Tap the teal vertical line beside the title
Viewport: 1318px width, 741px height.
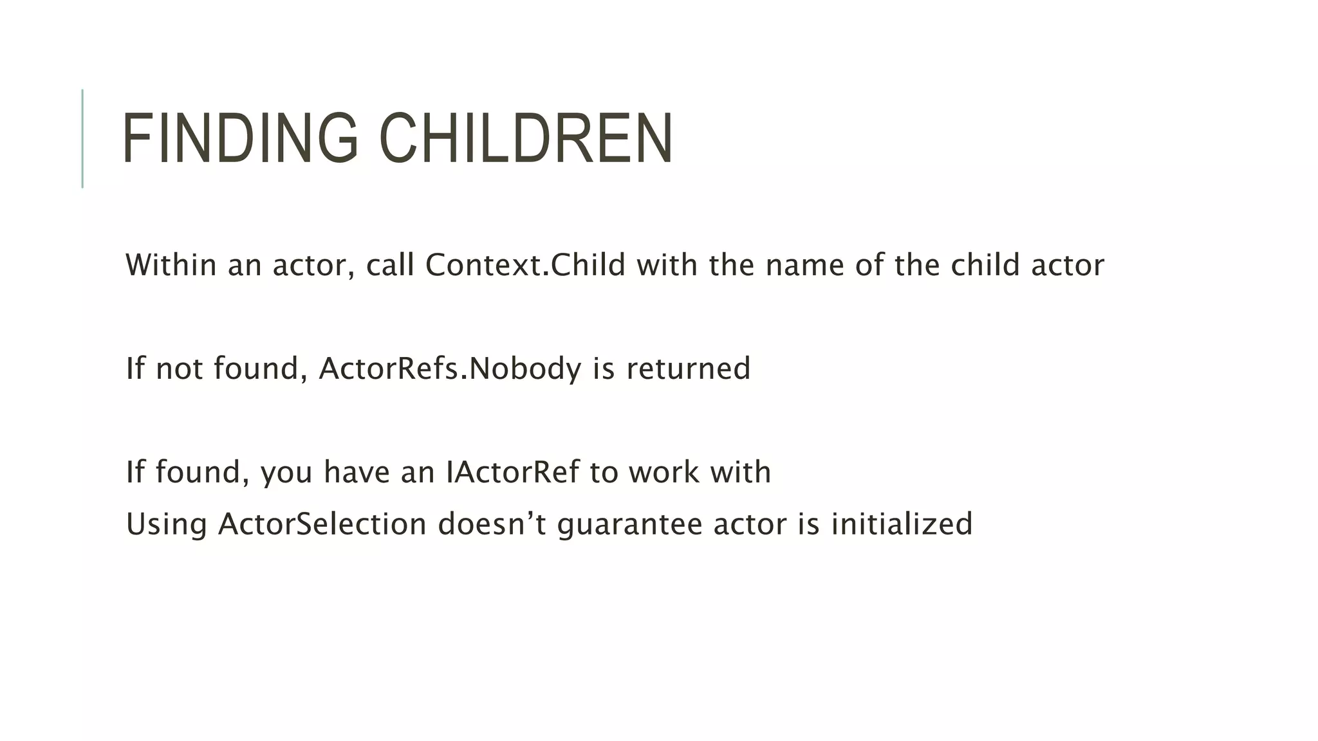tap(82, 138)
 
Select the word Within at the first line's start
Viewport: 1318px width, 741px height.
tap(171, 265)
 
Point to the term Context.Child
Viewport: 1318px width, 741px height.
tap(525, 265)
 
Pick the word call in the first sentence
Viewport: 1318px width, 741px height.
tap(390, 265)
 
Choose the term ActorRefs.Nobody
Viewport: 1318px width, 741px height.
tap(450, 369)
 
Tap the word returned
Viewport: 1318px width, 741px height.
tap(688, 369)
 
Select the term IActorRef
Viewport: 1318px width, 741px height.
tap(512, 472)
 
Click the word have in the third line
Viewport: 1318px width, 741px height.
tap(357, 472)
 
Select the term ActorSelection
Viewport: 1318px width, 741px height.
tap(322, 524)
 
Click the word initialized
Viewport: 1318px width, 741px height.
tap(902, 524)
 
